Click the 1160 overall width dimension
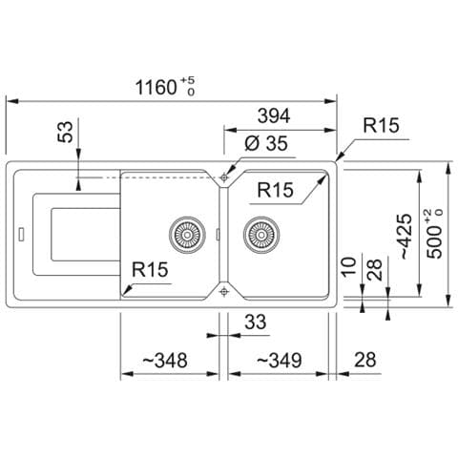(x=165, y=87)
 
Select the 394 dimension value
(x=274, y=115)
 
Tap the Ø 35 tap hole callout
(x=266, y=143)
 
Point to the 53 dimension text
(x=66, y=132)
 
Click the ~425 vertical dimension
(x=406, y=236)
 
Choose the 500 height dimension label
(x=434, y=234)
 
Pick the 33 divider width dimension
(x=255, y=322)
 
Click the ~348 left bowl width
(x=164, y=361)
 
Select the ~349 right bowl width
(x=279, y=361)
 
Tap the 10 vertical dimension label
(x=349, y=266)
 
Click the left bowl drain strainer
(x=187, y=235)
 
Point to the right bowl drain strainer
(x=261, y=235)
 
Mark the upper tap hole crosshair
(x=224, y=177)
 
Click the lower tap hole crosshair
(x=224, y=291)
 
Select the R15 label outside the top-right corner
(x=381, y=125)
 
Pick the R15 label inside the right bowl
(x=275, y=190)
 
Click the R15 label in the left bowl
(x=150, y=270)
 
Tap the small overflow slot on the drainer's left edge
(x=22, y=235)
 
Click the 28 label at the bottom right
(x=364, y=360)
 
